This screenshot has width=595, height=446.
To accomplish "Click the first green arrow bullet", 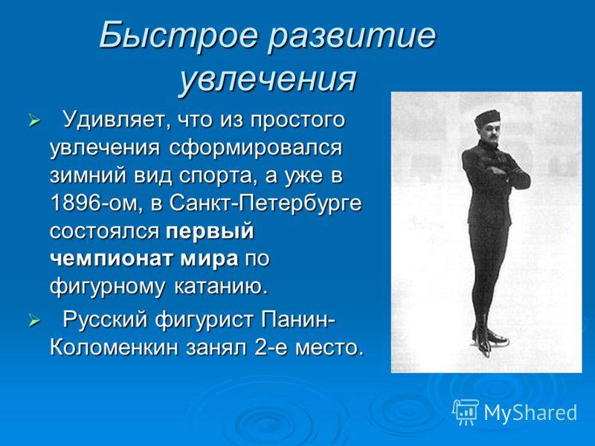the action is coord(34,121).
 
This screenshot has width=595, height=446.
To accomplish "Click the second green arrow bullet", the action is coord(34,322).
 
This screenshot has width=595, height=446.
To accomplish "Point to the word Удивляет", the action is coord(114,120).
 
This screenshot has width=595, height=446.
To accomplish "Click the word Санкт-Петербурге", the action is coord(266,204).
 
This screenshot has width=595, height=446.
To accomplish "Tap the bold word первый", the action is coord(210,232).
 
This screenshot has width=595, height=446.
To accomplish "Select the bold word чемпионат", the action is coord(112,259).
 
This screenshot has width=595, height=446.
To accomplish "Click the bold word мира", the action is coord(209,259).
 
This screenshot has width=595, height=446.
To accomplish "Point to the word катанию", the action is coord(221,287).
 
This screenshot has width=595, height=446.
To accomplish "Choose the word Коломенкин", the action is coord(114,347).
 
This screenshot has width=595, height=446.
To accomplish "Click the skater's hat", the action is coord(487,118).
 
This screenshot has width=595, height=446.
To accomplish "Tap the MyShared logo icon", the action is coord(466,412).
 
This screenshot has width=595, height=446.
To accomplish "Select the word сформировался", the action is coord(255,148).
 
